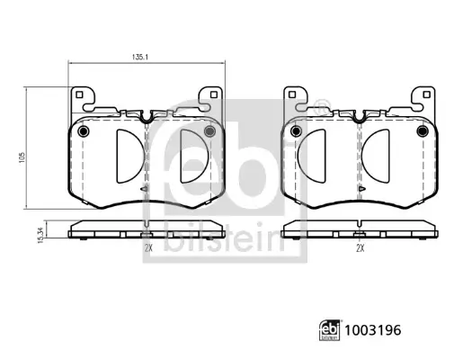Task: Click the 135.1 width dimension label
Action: pos(140,57)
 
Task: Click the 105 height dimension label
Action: pos(22,157)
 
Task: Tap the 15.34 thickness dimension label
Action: pos(42,235)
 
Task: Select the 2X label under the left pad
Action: pos(148,248)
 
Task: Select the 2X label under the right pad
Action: pos(361,248)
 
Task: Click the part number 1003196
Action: pos(373,330)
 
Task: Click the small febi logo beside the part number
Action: pos(329,330)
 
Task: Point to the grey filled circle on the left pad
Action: pos(209,131)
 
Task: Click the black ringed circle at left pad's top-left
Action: pos(83,131)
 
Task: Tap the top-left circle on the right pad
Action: pos(296,131)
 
